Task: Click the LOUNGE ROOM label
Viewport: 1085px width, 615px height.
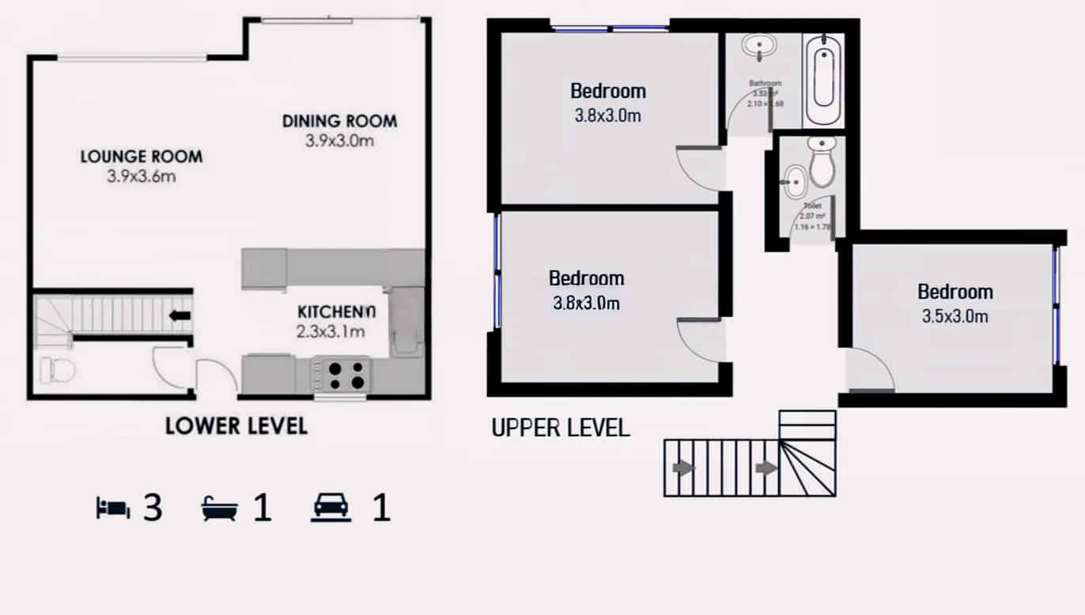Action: (141, 157)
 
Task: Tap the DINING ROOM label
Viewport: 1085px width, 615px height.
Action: (339, 121)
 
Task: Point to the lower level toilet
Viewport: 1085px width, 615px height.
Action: (55, 370)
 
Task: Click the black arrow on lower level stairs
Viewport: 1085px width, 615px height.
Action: (180, 316)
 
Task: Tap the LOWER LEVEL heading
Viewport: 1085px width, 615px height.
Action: (236, 426)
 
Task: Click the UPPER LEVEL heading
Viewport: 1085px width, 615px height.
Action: (561, 428)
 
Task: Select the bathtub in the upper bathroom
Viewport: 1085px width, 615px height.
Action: (823, 79)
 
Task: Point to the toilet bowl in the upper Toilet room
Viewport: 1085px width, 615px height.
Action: (822, 164)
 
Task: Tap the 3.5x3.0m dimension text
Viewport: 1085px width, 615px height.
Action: (955, 317)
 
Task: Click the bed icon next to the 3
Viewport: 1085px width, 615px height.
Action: (112, 508)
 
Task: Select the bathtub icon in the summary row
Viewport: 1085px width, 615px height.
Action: (220, 508)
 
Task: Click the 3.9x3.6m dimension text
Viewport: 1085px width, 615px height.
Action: (141, 176)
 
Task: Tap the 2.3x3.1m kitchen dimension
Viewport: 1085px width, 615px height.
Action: (331, 331)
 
